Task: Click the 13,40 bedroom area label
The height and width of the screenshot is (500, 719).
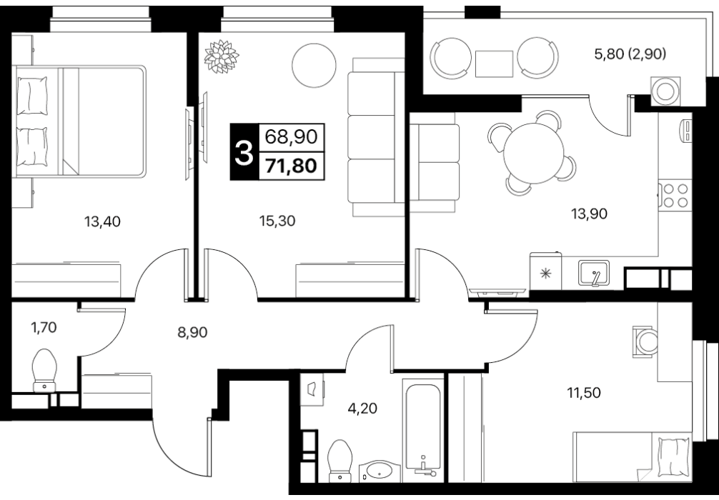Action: pos(102,222)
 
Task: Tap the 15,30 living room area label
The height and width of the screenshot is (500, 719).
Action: pos(277,221)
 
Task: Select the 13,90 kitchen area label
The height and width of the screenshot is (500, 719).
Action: pos(589,213)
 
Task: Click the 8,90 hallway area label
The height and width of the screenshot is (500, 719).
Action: pos(192,332)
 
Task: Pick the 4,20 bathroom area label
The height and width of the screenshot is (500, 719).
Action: pos(362,407)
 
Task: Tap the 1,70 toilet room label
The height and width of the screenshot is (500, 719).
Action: pos(44,328)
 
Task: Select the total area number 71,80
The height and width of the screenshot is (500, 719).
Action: pos(291,166)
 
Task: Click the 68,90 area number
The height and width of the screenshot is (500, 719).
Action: pos(291,136)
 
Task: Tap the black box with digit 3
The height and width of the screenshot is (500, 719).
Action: pos(244,151)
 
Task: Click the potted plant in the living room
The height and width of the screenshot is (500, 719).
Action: pos(221,56)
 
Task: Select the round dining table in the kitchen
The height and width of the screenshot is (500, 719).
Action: pos(533,153)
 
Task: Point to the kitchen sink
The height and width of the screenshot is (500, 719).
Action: pos(594,273)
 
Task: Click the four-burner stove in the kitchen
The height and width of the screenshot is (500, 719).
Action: pos(675,195)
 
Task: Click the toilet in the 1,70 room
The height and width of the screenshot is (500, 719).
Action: pos(44,371)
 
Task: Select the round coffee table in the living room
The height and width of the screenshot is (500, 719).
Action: pos(314,66)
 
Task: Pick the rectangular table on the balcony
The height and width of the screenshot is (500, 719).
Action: pos(494,64)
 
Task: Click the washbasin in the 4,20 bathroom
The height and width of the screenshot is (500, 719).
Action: pos(380,471)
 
